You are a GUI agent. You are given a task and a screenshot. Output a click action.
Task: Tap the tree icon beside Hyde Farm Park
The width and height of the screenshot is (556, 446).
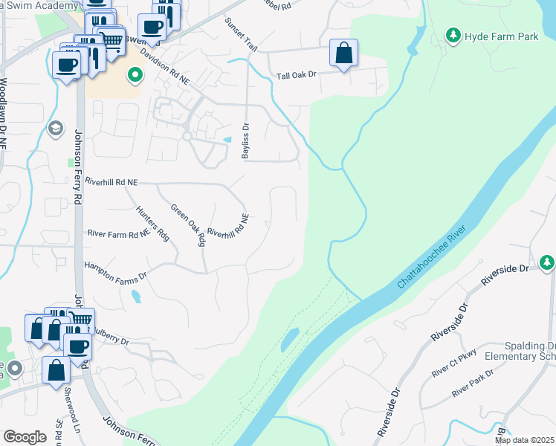point(452,34)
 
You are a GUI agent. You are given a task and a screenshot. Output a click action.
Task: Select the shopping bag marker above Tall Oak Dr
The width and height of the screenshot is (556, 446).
point(343,53)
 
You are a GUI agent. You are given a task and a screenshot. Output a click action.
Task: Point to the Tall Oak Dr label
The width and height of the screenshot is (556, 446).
point(297,75)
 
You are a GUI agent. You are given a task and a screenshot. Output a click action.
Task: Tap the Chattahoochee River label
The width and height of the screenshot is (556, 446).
point(436,256)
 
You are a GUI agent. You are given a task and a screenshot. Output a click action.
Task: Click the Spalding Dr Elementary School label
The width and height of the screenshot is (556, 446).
point(520,351)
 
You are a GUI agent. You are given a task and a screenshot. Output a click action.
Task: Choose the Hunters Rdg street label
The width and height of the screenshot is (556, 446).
point(152,222)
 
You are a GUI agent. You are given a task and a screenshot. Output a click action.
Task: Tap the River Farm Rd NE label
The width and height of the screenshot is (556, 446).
point(119,233)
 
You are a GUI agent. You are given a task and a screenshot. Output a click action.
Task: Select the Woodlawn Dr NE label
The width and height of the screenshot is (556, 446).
point(4,111)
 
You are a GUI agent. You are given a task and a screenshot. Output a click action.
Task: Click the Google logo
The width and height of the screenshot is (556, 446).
point(25,437)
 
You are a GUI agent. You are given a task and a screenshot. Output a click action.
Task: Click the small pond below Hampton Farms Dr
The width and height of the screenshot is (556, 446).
point(135,296)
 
